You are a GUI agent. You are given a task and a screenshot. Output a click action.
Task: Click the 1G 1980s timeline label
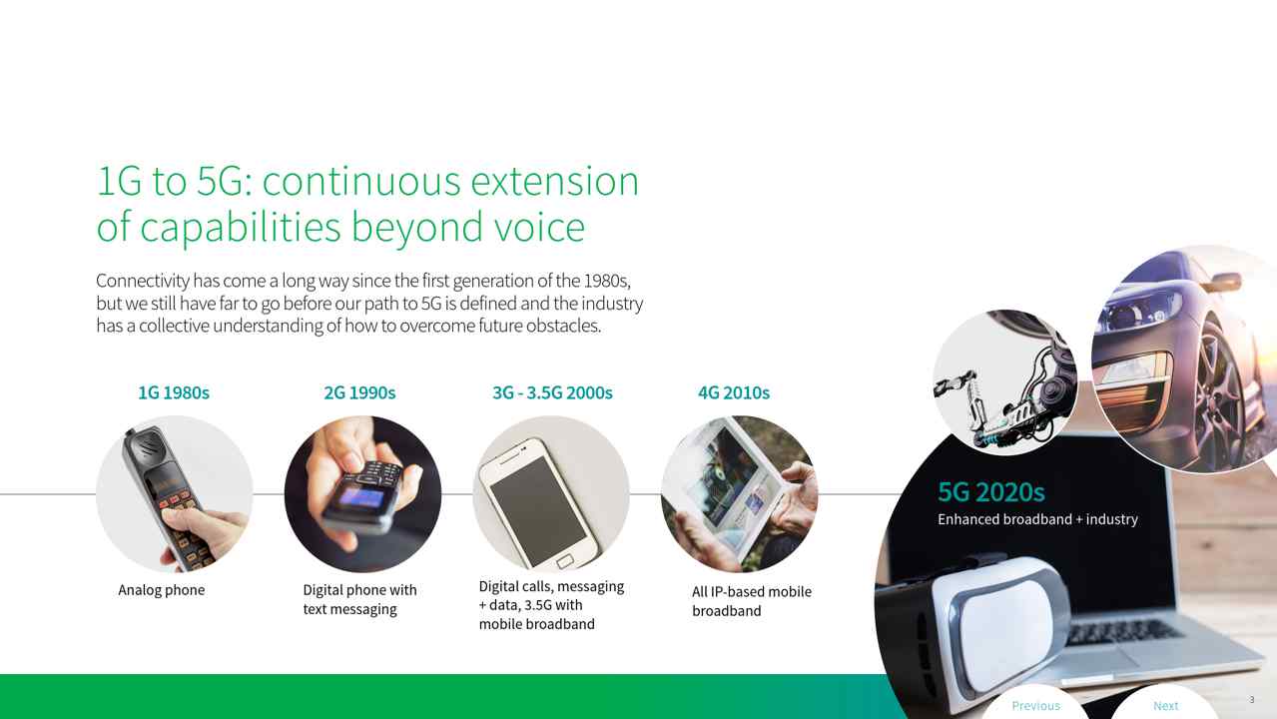[x=174, y=392]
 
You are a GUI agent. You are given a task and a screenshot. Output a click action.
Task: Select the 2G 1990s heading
[x=359, y=392]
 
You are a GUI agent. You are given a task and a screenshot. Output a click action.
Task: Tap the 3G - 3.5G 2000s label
[x=552, y=392]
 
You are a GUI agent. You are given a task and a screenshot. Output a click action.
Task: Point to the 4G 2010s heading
[x=734, y=392]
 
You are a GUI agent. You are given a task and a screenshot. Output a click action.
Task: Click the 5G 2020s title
[x=991, y=492]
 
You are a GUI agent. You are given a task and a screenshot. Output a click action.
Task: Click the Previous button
[x=1035, y=706]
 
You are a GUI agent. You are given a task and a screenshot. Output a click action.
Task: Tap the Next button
[x=1165, y=706]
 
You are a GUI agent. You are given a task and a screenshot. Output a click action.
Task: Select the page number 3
[x=1252, y=700]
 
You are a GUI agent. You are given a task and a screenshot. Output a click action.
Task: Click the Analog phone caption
[x=162, y=590]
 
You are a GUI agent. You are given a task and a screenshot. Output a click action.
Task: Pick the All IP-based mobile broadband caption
[x=752, y=601]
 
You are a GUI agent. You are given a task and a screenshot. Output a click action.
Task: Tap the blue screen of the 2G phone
[x=361, y=497]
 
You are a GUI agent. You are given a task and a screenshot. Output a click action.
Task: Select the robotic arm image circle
[x=1005, y=382]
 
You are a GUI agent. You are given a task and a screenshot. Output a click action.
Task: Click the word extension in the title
[x=554, y=182]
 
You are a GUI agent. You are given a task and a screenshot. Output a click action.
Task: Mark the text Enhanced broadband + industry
[x=1037, y=519]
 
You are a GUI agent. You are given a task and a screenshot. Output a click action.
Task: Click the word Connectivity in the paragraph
[x=143, y=281]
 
